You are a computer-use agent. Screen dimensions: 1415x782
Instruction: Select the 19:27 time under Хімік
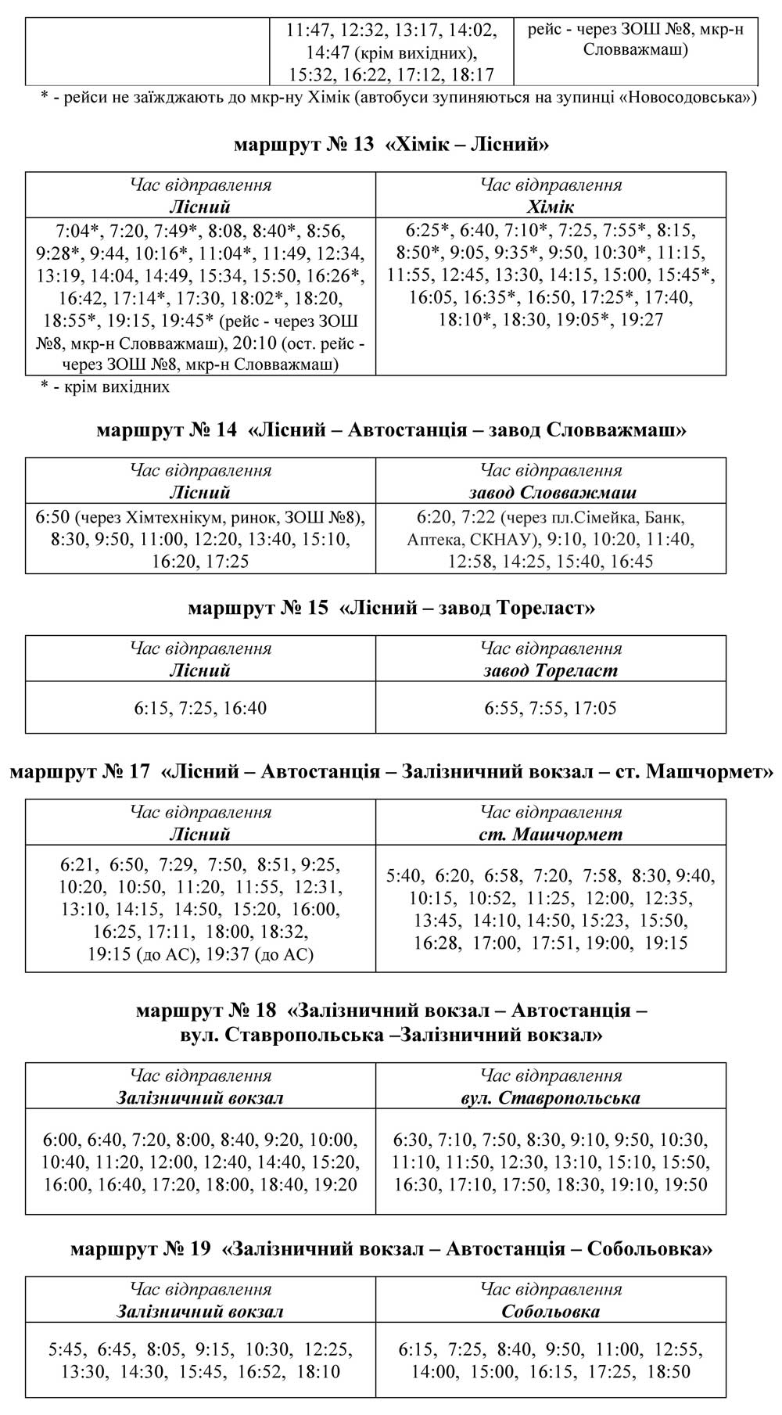(641, 319)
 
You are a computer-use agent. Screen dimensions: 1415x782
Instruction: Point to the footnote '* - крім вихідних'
(105, 386)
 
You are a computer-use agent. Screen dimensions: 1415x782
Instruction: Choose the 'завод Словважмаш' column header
(552, 493)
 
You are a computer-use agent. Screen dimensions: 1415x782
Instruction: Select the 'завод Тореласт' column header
(551, 670)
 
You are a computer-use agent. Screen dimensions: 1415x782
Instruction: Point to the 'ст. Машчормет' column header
(551, 834)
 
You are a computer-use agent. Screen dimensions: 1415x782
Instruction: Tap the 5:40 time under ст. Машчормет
(404, 876)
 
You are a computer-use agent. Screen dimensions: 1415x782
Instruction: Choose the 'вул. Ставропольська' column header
(551, 1097)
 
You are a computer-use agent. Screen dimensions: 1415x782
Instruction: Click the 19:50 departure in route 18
(686, 1184)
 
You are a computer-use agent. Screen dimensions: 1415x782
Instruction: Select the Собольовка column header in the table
(551, 1311)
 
